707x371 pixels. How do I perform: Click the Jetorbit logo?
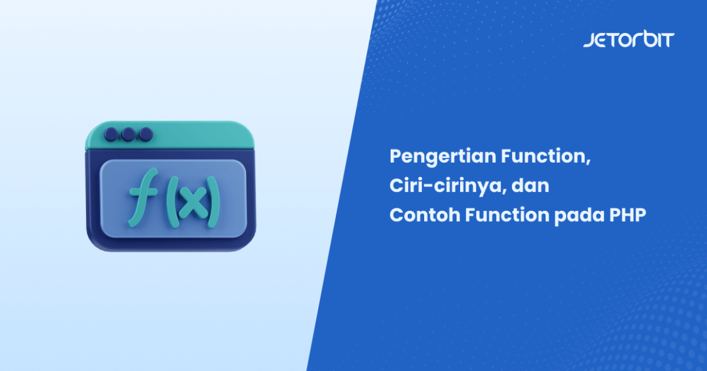(x=628, y=40)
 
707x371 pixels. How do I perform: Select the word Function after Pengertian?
(x=545, y=157)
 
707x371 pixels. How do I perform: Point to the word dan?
(x=530, y=186)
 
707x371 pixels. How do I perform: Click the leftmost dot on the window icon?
(x=111, y=133)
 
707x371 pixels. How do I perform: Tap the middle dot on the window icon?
(x=128, y=133)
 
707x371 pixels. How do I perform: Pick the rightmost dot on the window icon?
(x=145, y=133)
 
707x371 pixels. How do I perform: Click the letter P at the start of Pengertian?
(x=396, y=157)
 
